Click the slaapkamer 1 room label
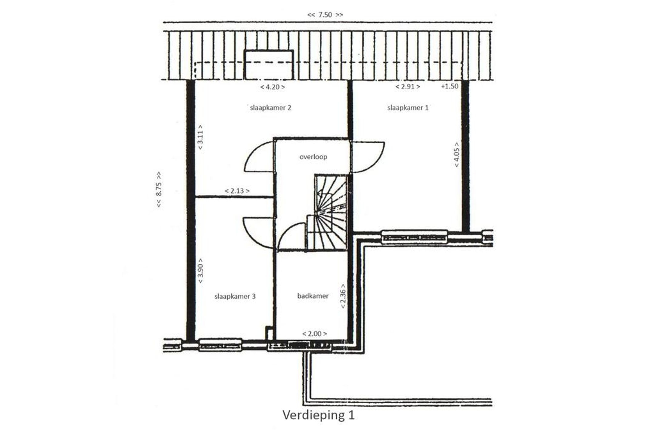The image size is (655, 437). (408, 108)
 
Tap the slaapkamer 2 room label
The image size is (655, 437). (270, 108)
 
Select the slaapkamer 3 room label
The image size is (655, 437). (235, 296)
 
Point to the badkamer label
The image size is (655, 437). (313, 296)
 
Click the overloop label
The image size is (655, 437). (313, 157)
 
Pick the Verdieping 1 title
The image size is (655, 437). (318, 415)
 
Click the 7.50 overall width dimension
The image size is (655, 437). (325, 15)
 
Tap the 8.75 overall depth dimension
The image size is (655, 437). (159, 190)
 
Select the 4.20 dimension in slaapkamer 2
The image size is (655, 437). (272, 87)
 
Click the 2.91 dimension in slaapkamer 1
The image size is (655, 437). (408, 87)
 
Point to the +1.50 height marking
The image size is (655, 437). (449, 86)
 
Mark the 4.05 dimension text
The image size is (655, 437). (457, 155)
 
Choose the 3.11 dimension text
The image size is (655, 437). (200, 137)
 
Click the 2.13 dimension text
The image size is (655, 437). (237, 191)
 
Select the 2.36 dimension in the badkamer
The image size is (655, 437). (343, 296)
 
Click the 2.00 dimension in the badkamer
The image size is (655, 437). (314, 334)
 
